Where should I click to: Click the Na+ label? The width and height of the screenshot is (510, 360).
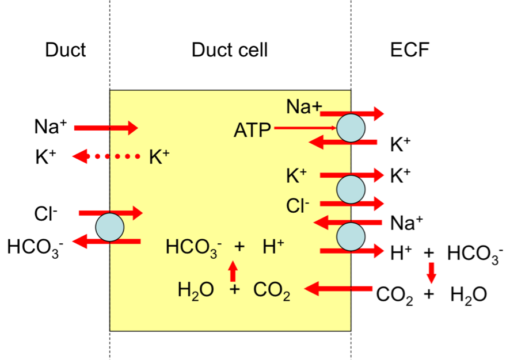pyautogui.click(x=305, y=107)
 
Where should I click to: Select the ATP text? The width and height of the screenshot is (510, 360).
pyautogui.click(x=252, y=131)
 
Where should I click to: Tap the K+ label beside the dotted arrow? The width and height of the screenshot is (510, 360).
pyautogui.click(x=159, y=157)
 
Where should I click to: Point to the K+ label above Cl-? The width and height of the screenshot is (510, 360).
pyautogui.click(x=296, y=177)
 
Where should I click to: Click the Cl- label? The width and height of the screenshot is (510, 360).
pyautogui.click(x=298, y=205)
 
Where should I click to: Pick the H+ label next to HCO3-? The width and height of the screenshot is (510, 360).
pyautogui.click(x=273, y=247)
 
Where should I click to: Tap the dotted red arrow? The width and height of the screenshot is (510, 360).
pyautogui.click(x=106, y=156)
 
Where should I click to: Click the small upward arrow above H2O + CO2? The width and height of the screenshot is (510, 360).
pyautogui.click(x=233, y=271)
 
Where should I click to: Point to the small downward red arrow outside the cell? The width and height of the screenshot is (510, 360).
pyautogui.click(x=431, y=273)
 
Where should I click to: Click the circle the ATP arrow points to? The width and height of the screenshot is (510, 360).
pyautogui.click(x=351, y=128)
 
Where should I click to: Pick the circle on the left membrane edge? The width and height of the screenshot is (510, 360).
pyautogui.click(x=110, y=227)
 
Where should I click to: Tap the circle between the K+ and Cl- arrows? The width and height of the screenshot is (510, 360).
pyautogui.click(x=351, y=189)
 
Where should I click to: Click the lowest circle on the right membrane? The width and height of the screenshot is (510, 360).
pyautogui.click(x=351, y=236)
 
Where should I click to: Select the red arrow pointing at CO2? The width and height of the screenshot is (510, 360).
pyautogui.click(x=338, y=288)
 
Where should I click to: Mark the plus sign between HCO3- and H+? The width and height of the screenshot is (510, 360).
pyautogui.click(x=239, y=247)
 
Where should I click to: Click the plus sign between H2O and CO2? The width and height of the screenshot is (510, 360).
pyautogui.click(x=234, y=290)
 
